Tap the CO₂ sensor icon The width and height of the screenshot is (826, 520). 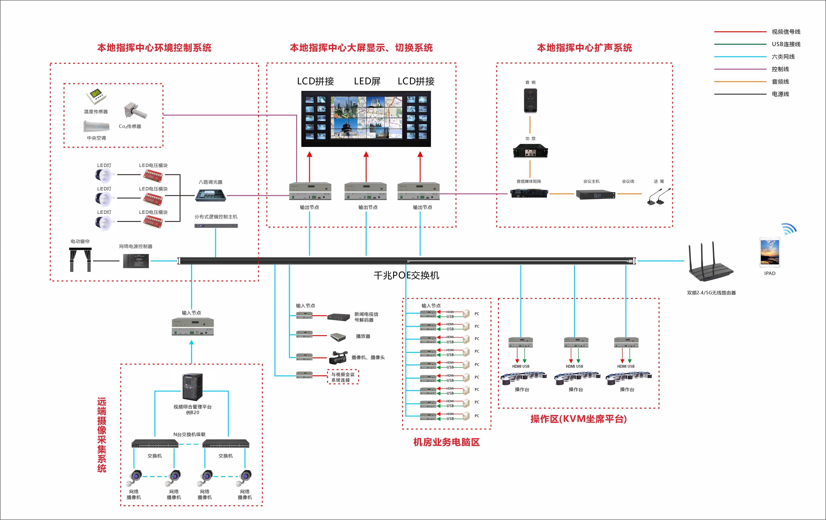(x=136, y=110)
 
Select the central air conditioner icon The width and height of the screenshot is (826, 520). (x=96, y=126)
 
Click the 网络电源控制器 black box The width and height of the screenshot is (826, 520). (x=136, y=261)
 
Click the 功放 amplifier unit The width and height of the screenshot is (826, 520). (x=530, y=151)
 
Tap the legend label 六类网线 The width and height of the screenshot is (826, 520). (x=783, y=57)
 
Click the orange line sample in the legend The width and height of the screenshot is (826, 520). (x=740, y=82)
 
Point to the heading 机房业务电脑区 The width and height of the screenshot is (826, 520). (x=446, y=442)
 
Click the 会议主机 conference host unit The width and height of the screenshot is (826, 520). (x=595, y=194)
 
